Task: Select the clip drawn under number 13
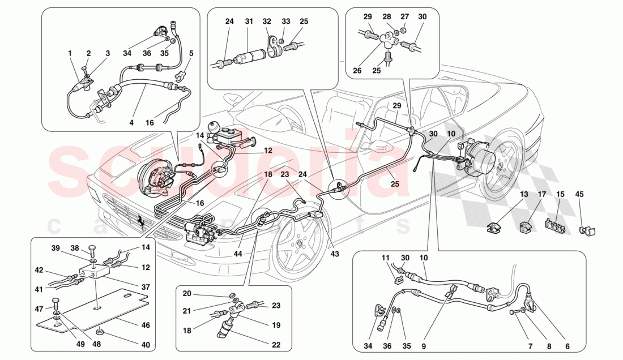point(493,229)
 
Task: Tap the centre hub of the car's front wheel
point(298,243)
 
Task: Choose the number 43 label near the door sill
point(335,254)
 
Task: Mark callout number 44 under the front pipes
point(237,255)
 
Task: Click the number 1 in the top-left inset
point(70,53)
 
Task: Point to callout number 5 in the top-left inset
point(191,54)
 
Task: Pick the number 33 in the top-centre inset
point(286,22)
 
